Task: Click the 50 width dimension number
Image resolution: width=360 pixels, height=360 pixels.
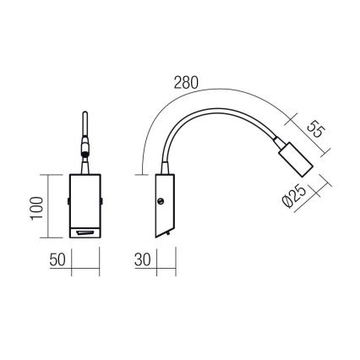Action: [x=57, y=260]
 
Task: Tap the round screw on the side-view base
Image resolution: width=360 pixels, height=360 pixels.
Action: [x=161, y=201]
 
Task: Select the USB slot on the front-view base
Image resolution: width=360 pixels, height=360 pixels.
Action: [x=85, y=232]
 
